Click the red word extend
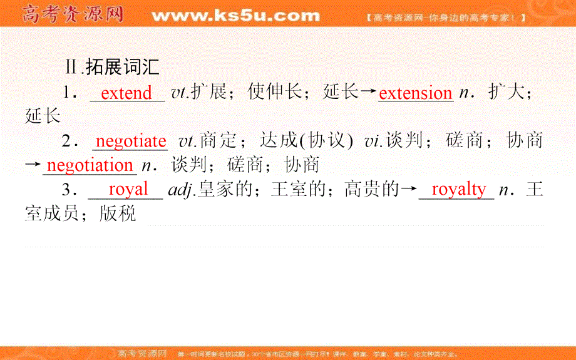click(126, 93)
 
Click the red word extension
click(415, 93)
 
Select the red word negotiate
click(131, 141)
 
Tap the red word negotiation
click(90, 165)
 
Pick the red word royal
click(128, 189)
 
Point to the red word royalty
click(458, 189)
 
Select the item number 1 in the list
click(68, 93)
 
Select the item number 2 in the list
click(68, 141)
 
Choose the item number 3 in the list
click(68, 189)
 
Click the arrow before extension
click(369, 93)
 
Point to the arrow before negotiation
click(33, 166)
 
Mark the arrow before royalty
click(408, 189)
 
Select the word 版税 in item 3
click(117, 213)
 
